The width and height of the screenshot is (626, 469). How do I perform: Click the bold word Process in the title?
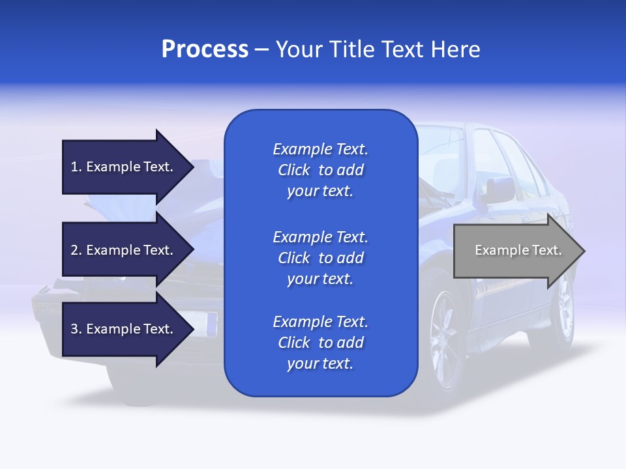pos(205,50)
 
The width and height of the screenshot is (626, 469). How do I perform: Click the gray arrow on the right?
pos(515,251)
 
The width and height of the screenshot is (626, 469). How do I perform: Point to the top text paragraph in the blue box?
pos(320,170)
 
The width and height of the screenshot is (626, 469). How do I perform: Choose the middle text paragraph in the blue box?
pos(320,258)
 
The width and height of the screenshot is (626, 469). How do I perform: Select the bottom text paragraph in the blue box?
pos(320,343)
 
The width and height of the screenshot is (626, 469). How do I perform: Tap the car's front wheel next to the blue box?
pos(446,339)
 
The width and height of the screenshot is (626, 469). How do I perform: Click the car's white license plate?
pos(207,322)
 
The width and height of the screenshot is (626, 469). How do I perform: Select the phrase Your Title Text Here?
pos(378,50)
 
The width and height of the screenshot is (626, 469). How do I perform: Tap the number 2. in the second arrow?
pos(76,250)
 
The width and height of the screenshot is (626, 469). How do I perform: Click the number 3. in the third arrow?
pos(76,329)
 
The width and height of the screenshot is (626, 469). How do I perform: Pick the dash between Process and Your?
pos(261,50)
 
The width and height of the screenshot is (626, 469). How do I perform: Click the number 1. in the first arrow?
pos(76,167)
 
